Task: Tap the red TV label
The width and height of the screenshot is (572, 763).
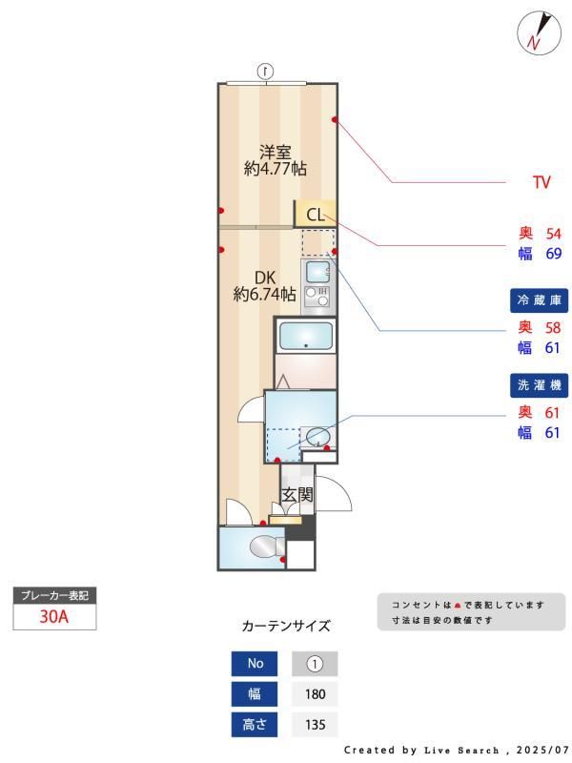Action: click(541, 182)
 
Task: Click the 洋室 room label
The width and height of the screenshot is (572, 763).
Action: click(276, 151)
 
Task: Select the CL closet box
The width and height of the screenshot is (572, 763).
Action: click(316, 215)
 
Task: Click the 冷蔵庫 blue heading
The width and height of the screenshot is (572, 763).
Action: click(539, 300)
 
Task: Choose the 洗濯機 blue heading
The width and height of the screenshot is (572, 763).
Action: click(539, 385)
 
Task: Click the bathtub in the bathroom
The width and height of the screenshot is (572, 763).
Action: click(305, 337)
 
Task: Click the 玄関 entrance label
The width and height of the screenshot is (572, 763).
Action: click(297, 495)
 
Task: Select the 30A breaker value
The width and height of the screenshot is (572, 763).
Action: click(54, 616)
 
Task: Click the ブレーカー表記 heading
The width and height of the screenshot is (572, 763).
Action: click(54, 595)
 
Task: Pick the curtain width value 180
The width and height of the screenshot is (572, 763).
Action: click(316, 694)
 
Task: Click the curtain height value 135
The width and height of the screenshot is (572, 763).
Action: click(316, 725)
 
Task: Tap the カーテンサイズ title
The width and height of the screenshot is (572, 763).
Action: click(286, 627)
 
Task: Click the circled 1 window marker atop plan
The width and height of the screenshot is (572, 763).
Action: click(266, 71)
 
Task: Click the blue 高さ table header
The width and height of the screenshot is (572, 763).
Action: click(255, 725)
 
